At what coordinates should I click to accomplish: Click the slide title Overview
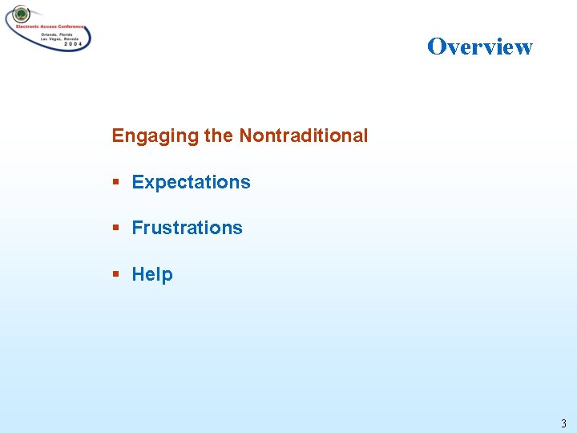tap(479, 47)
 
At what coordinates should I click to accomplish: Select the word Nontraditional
tap(303, 136)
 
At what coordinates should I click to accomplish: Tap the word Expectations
tap(191, 182)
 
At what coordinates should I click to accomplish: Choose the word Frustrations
tap(187, 228)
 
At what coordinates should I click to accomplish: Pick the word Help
tap(152, 274)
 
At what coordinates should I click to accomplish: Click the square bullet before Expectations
tap(116, 182)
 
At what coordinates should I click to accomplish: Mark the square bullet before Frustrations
tap(116, 228)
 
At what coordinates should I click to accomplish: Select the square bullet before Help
tap(116, 274)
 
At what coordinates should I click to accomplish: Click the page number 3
tap(563, 423)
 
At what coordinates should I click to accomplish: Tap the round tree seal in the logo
tap(20, 14)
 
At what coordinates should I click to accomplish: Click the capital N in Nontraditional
tap(245, 136)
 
